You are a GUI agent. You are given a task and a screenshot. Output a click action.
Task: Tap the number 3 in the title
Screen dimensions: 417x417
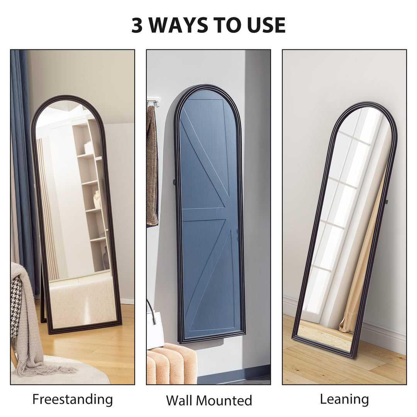[137, 25]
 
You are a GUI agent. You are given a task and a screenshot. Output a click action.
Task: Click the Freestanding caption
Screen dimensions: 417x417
[73, 399]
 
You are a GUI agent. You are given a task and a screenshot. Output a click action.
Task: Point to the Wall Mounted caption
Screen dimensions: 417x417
[209, 400]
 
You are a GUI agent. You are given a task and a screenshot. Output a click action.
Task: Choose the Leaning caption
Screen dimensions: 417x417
[344, 399]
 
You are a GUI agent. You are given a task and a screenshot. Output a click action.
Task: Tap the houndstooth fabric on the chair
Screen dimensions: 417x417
[16, 305]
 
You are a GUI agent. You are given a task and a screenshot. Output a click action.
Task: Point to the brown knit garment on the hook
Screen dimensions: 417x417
[152, 166]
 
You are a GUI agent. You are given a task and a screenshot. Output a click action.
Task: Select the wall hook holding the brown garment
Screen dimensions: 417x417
[154, 102]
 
